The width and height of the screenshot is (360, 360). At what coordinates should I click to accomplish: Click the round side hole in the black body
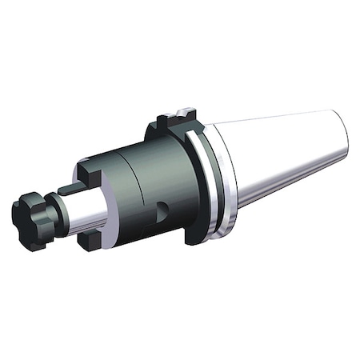(163, 211)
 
